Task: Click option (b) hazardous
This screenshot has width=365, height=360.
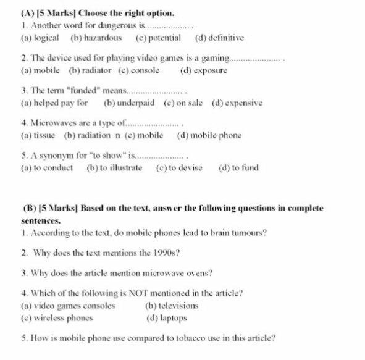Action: [x=96, y=38]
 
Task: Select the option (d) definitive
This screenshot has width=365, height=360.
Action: [x=219, y=38]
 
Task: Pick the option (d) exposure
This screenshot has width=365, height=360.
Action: [x=203, y=70]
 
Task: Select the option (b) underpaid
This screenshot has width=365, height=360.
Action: [x=129, y=103]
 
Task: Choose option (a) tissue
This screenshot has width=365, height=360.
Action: [x=38, y=135]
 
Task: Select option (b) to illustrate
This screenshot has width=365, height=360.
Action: [x=114, y=168]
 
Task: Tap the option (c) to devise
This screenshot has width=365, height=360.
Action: [x=179, y=168]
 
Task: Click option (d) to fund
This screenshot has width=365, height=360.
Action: [x=238, y=168]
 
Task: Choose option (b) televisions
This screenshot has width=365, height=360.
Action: [x=171, y=306]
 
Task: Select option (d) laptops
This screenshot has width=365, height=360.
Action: [x=166, y=319]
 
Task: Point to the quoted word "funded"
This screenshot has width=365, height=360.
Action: [x=71, y=90]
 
